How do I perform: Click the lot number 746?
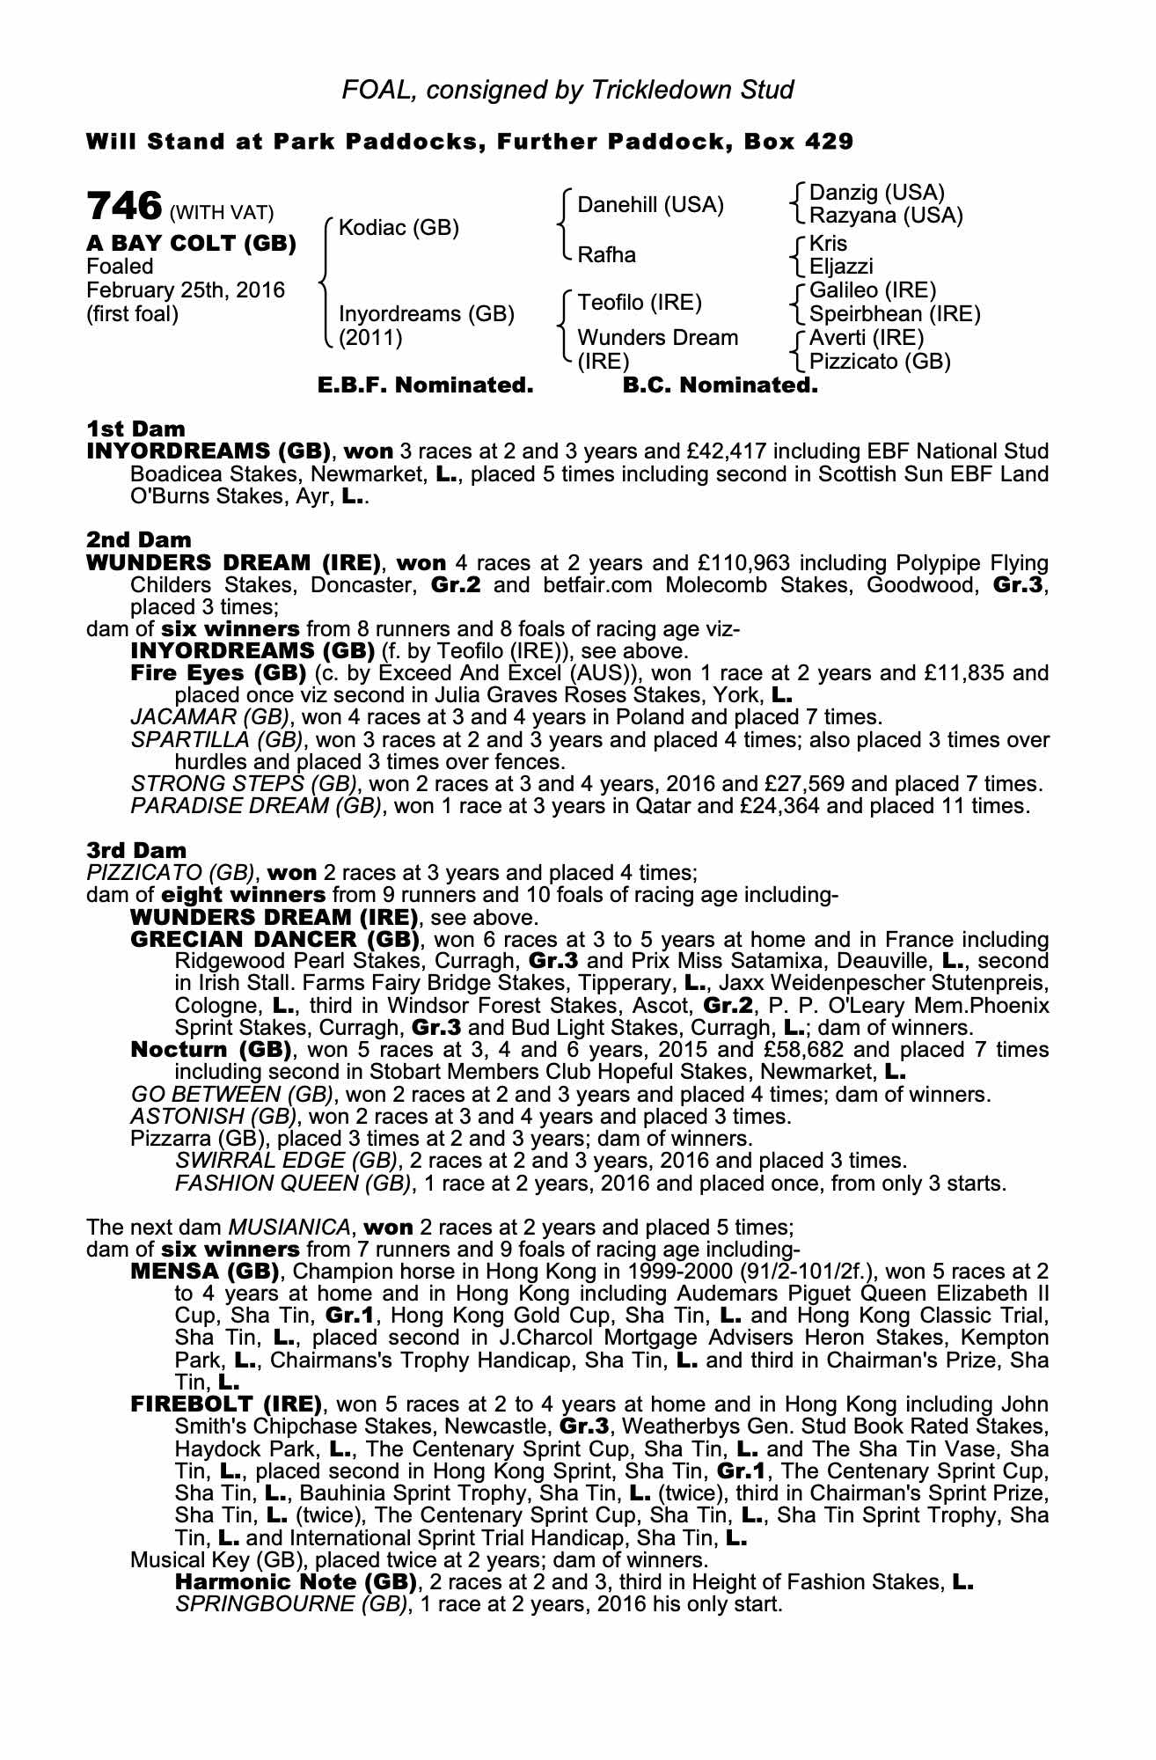[x=124, y=206]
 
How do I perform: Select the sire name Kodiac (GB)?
[x=399, y=228]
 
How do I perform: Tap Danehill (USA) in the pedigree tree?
[x=650, y=205]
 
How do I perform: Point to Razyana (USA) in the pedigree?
[x=886, y=215]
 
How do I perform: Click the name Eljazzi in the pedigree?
[x=841, y=266]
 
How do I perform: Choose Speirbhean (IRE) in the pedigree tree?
[x=894, y=314]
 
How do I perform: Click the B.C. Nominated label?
[x=720, y=385]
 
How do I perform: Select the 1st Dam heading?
[x=135, y=429]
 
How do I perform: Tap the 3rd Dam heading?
[x=136, y=850]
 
